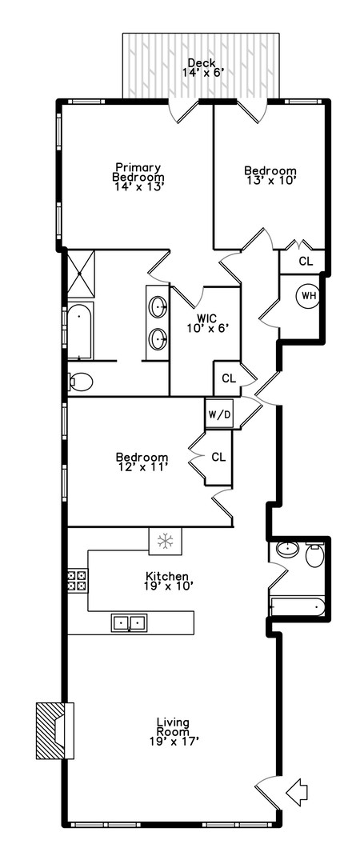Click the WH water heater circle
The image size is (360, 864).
[308, 296]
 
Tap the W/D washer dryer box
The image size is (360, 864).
[217, 414]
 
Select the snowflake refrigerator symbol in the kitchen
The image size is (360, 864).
[165, 541]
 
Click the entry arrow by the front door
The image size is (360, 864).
[297, 793]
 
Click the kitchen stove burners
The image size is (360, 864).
[77, 580]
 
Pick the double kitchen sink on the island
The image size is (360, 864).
[129, 622]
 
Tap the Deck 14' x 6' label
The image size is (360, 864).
[200, 68]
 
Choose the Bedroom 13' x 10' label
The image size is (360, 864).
[270, 175]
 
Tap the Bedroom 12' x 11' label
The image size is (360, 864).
[142, 462]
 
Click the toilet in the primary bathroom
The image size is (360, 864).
[80, 382]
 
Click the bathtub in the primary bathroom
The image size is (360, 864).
[80, 330]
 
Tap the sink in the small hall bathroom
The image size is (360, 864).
[286, 550]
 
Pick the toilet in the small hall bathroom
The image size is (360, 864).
[314, 554]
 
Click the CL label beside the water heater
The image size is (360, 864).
[306, 261]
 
